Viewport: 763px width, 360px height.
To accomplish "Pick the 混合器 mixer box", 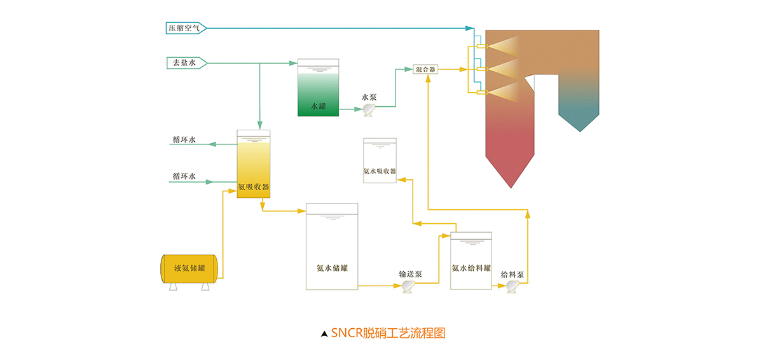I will [425, 69].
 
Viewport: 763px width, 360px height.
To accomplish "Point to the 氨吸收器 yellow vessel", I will [254, 165].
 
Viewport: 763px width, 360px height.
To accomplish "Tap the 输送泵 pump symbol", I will [408, 287].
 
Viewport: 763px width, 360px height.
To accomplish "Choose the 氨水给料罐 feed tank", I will [471, 261].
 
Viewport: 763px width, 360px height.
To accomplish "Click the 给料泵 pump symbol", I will [512, 287].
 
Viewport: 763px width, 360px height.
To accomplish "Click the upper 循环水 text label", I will [184, 139].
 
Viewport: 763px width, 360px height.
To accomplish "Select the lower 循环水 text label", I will [184, 177].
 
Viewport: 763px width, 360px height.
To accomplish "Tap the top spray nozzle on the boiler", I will [481, 46].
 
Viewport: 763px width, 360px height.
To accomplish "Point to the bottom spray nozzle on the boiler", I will [481, 93].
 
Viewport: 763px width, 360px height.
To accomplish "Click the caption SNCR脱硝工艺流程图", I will [388, 333].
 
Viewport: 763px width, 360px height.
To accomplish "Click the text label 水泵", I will [369, 97].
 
